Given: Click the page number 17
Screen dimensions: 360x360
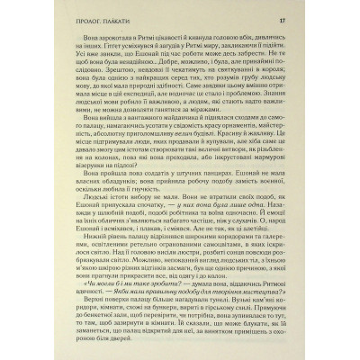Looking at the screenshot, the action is (308, 19).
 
